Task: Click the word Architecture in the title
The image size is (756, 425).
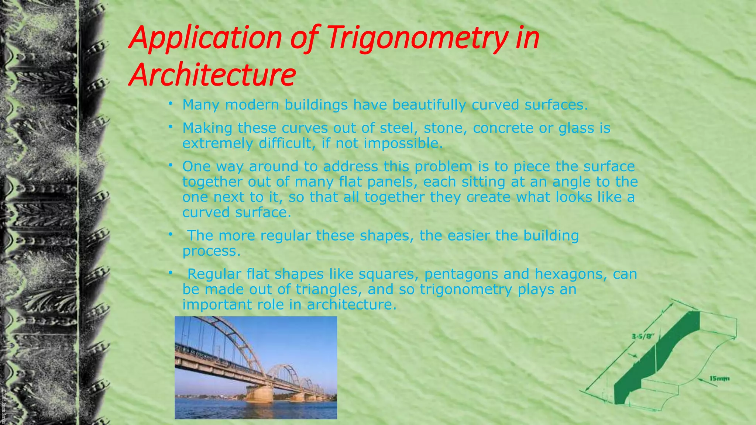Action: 212,75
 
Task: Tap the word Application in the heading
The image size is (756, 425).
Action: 205,38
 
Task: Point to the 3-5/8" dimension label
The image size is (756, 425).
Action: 643,336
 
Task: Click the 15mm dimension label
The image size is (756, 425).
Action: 719,379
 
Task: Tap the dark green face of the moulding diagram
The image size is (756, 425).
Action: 657,362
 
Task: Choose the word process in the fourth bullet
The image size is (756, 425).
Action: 211,251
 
